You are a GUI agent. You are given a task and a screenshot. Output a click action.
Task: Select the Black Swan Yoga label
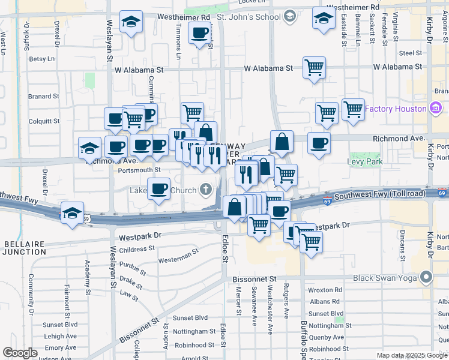pyautogui.click(x=386, y=278)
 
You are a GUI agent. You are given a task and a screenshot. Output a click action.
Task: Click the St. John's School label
pyautogui.click(x=249, y=16)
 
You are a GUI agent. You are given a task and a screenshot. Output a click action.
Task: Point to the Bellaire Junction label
pyautogui.click(x=23, y=248)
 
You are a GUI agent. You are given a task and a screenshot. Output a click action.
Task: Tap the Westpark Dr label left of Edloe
pyautogui.click(x=140, y=237)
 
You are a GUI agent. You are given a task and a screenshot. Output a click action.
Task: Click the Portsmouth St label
pyautogui.click(x=140, y=170)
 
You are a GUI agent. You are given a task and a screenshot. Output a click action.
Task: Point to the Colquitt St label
pyautogui.click(x=44, y=121)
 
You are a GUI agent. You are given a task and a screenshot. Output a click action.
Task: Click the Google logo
pyautogui.click(x=20, y=353)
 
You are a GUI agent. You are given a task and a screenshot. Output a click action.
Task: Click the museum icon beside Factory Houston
pyautogui.click(x=435, y=109)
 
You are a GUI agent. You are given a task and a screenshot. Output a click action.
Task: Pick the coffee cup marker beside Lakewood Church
pyautogui.click(x=158, y=188)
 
